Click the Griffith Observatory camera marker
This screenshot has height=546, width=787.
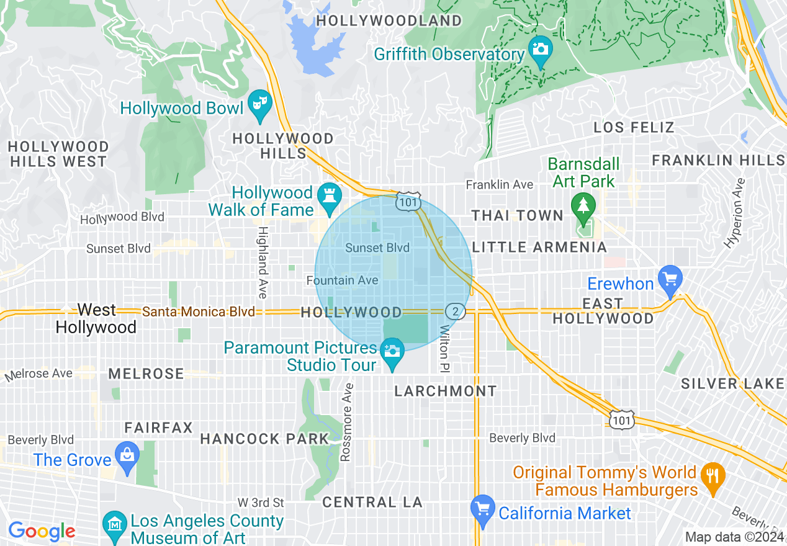point(540,47)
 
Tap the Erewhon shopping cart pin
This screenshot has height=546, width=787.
point(670,277)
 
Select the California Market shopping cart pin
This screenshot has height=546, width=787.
point(483,508)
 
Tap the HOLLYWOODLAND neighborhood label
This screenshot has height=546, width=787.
point(389,20)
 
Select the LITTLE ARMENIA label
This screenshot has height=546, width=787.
point(539,248)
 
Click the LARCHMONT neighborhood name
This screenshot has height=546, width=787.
point(446,391)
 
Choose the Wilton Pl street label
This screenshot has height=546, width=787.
point(444,349)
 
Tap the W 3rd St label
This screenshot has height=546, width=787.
point(261,502)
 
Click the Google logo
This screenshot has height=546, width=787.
point(41,532)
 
